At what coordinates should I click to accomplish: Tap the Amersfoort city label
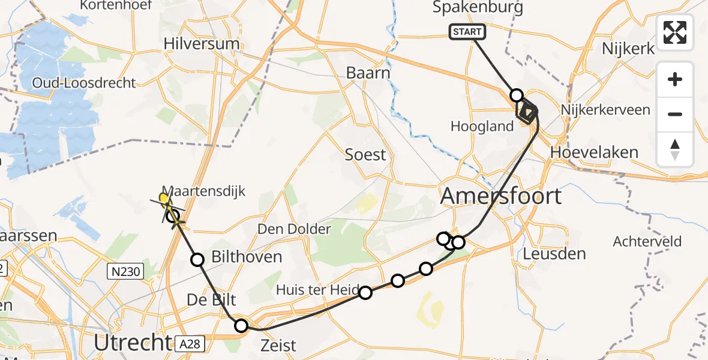pos(502,196)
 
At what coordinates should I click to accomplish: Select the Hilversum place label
pos(202,44)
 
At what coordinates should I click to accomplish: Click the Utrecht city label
pos(133,343)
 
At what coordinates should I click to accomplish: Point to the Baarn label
pos(368,73)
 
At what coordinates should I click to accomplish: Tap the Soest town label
pos(365,155)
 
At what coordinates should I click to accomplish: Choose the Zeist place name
pos(279,345)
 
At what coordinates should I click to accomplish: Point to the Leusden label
pos(554,253)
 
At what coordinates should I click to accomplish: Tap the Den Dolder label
pos(294,229)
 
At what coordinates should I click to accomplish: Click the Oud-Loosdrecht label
pos(85,83)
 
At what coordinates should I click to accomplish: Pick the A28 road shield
pos(191,344)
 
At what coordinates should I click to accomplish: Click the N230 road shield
pos(125,272)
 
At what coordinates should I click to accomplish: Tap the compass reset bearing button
pos(675,149)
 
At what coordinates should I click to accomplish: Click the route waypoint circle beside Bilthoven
pos(197,260)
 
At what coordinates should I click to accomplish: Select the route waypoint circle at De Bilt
pos(241,326)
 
